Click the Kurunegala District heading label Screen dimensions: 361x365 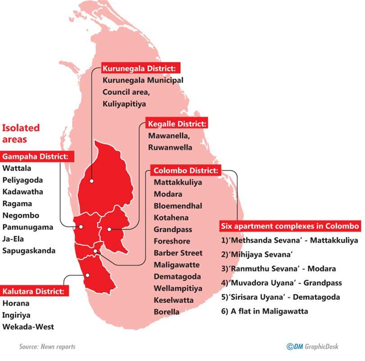point(141,68)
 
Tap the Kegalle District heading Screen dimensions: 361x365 point(177,124)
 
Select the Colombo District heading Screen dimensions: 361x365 point(186,171)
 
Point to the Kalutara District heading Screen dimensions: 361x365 point(35,291)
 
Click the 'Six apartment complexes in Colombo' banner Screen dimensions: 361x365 point(290,226)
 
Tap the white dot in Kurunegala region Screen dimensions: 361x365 point(91,181)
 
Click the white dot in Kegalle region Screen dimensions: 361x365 point(109,230)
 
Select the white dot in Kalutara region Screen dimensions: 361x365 point(88,275)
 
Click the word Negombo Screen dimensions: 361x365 point(21,216)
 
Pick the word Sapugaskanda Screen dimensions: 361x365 point(29,251)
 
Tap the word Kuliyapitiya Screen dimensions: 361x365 point(124,104)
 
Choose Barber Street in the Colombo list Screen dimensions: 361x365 point(178,253)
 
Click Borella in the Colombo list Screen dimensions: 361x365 point(166,311)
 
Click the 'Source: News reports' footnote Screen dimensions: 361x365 point(47,347)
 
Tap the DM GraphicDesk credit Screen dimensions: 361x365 point(312,347)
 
